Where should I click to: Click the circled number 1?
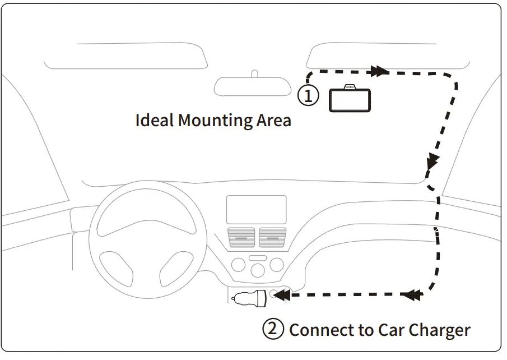tap(308, 95)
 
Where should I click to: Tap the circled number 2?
tap(273, 329)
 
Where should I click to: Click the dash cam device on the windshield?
tap(350, 100)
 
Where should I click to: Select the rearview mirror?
tap(253, 86)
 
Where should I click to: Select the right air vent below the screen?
tap(272, 237)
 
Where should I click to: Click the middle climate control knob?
tap(258, 269)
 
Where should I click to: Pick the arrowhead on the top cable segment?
tap(379, 71)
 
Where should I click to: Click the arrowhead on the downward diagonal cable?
tap(431, 163)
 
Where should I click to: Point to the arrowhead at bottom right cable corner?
tap(412, 294)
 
